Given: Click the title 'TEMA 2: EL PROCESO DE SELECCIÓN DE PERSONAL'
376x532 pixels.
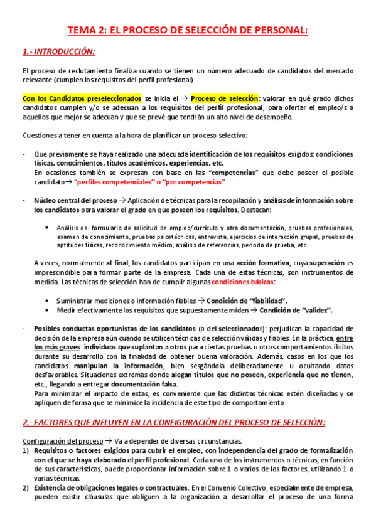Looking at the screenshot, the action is [188, 29].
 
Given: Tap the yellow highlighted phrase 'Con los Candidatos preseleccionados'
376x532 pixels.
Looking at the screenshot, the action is [82, 98].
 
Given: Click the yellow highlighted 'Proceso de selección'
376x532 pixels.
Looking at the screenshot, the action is [224, 98].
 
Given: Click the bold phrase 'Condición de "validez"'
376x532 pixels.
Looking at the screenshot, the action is [296, 310].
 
